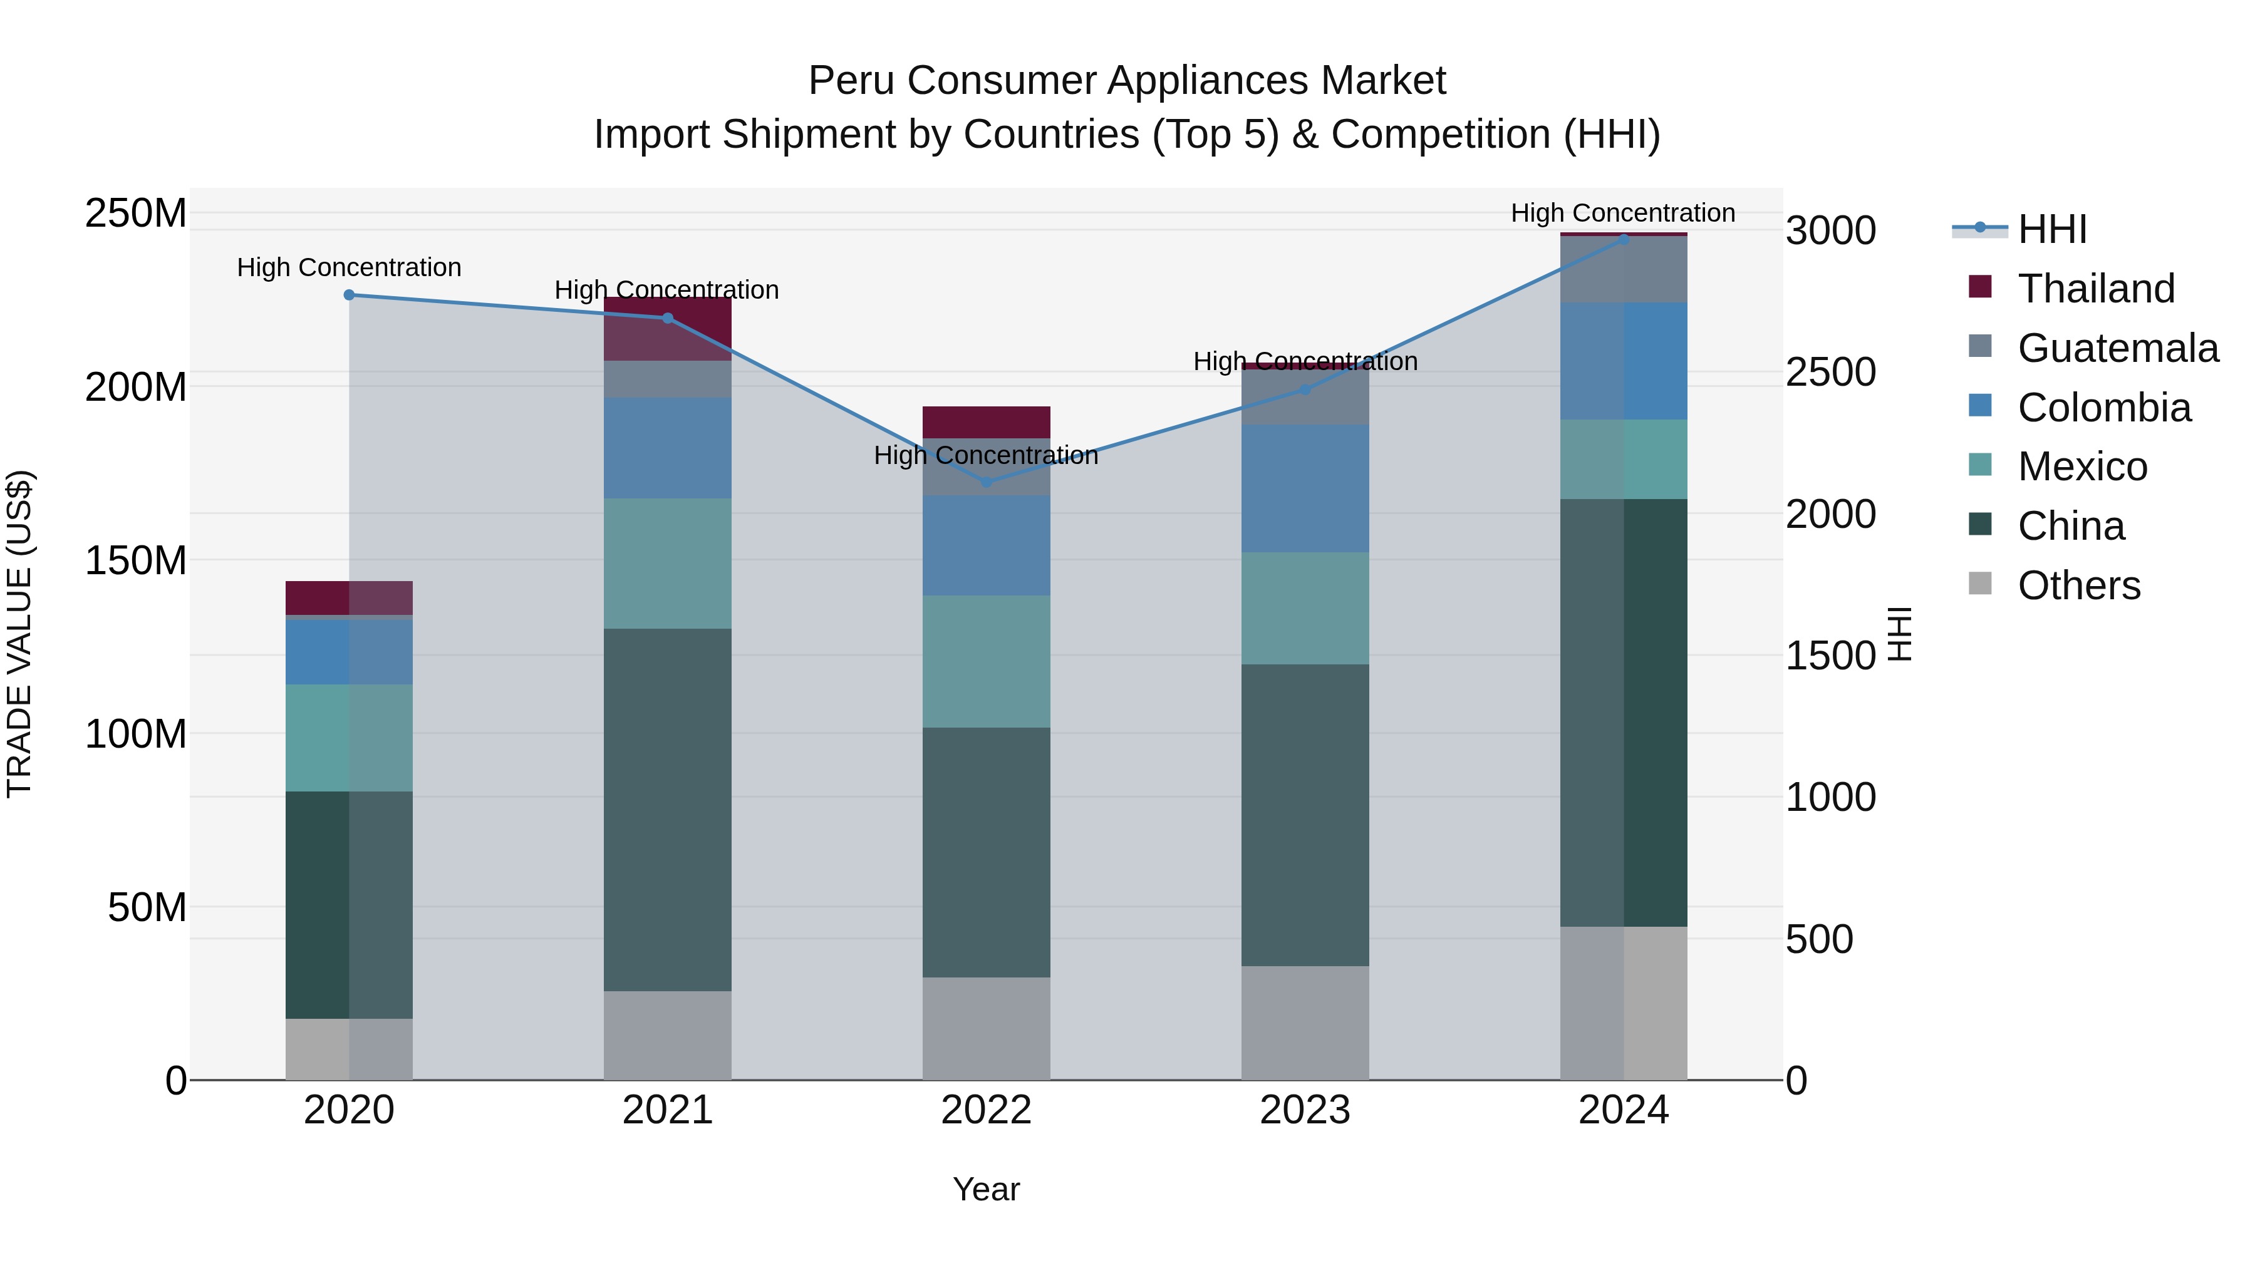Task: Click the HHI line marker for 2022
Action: [987, 482]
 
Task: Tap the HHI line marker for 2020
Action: [350, 295]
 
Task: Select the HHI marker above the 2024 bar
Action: [1624, 239]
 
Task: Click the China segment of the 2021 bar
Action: [668, 810]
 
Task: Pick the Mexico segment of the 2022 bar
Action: [987, 662]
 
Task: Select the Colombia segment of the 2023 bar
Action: [1305, 488]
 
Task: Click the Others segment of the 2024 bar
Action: [1624, 1003]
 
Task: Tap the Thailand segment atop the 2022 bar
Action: [987, 422]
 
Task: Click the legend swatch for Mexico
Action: [1979, 465]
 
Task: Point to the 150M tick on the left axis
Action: [136, 560]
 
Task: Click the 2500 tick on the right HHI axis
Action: [1830, 373]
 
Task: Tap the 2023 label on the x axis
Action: [1305, 1110]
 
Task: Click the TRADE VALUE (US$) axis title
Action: [19, 634]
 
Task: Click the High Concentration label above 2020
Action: [350, 268]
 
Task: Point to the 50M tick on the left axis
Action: [147, 907]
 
